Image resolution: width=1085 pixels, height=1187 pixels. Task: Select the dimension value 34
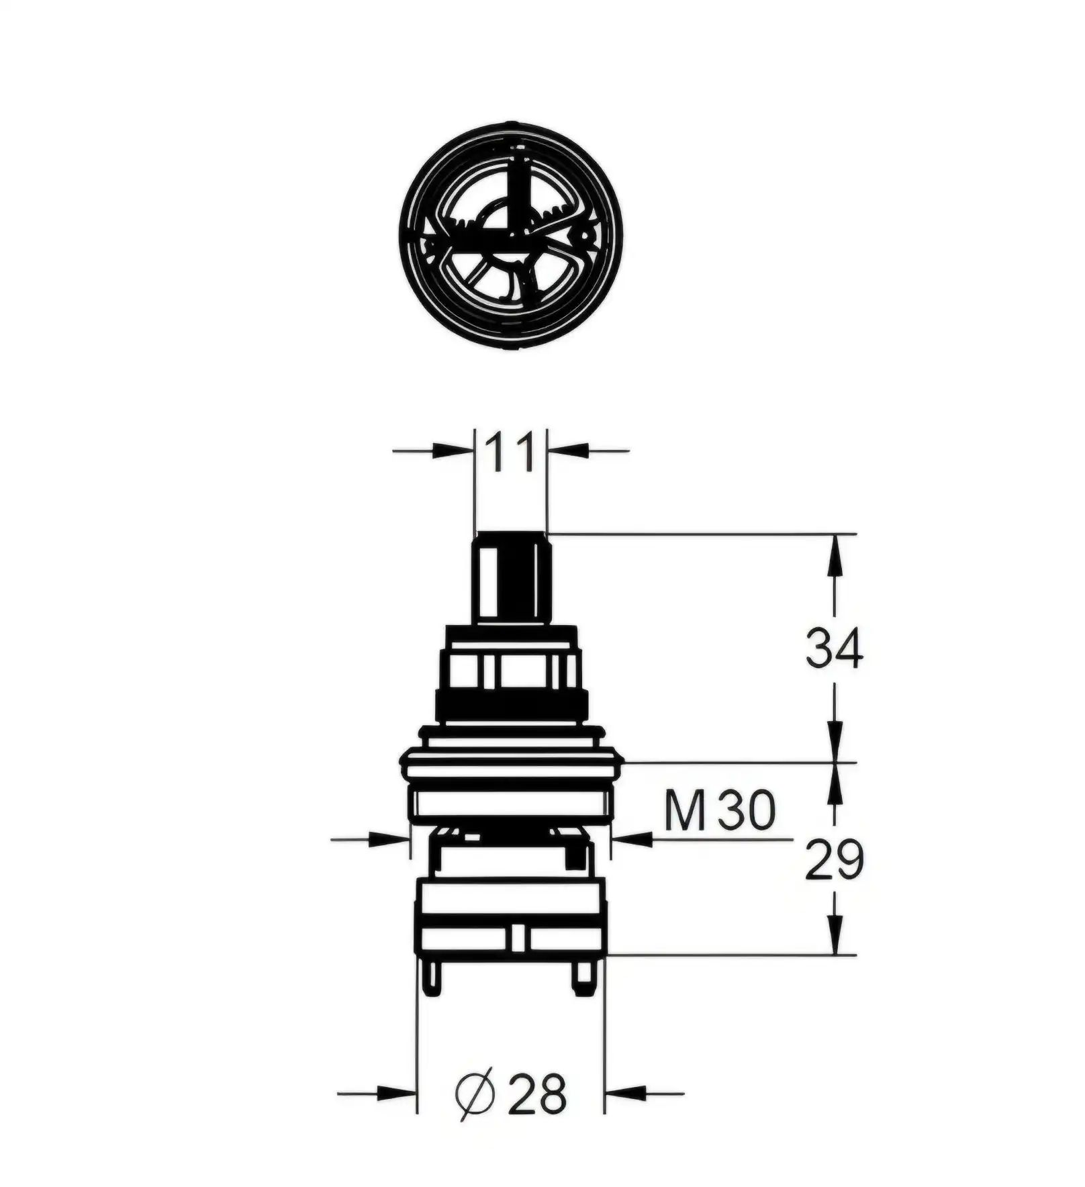[x=835, y=649]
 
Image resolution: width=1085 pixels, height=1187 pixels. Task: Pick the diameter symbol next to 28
[x=475, y=1093]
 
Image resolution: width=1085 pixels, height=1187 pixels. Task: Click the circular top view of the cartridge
[x=510, y=234]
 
